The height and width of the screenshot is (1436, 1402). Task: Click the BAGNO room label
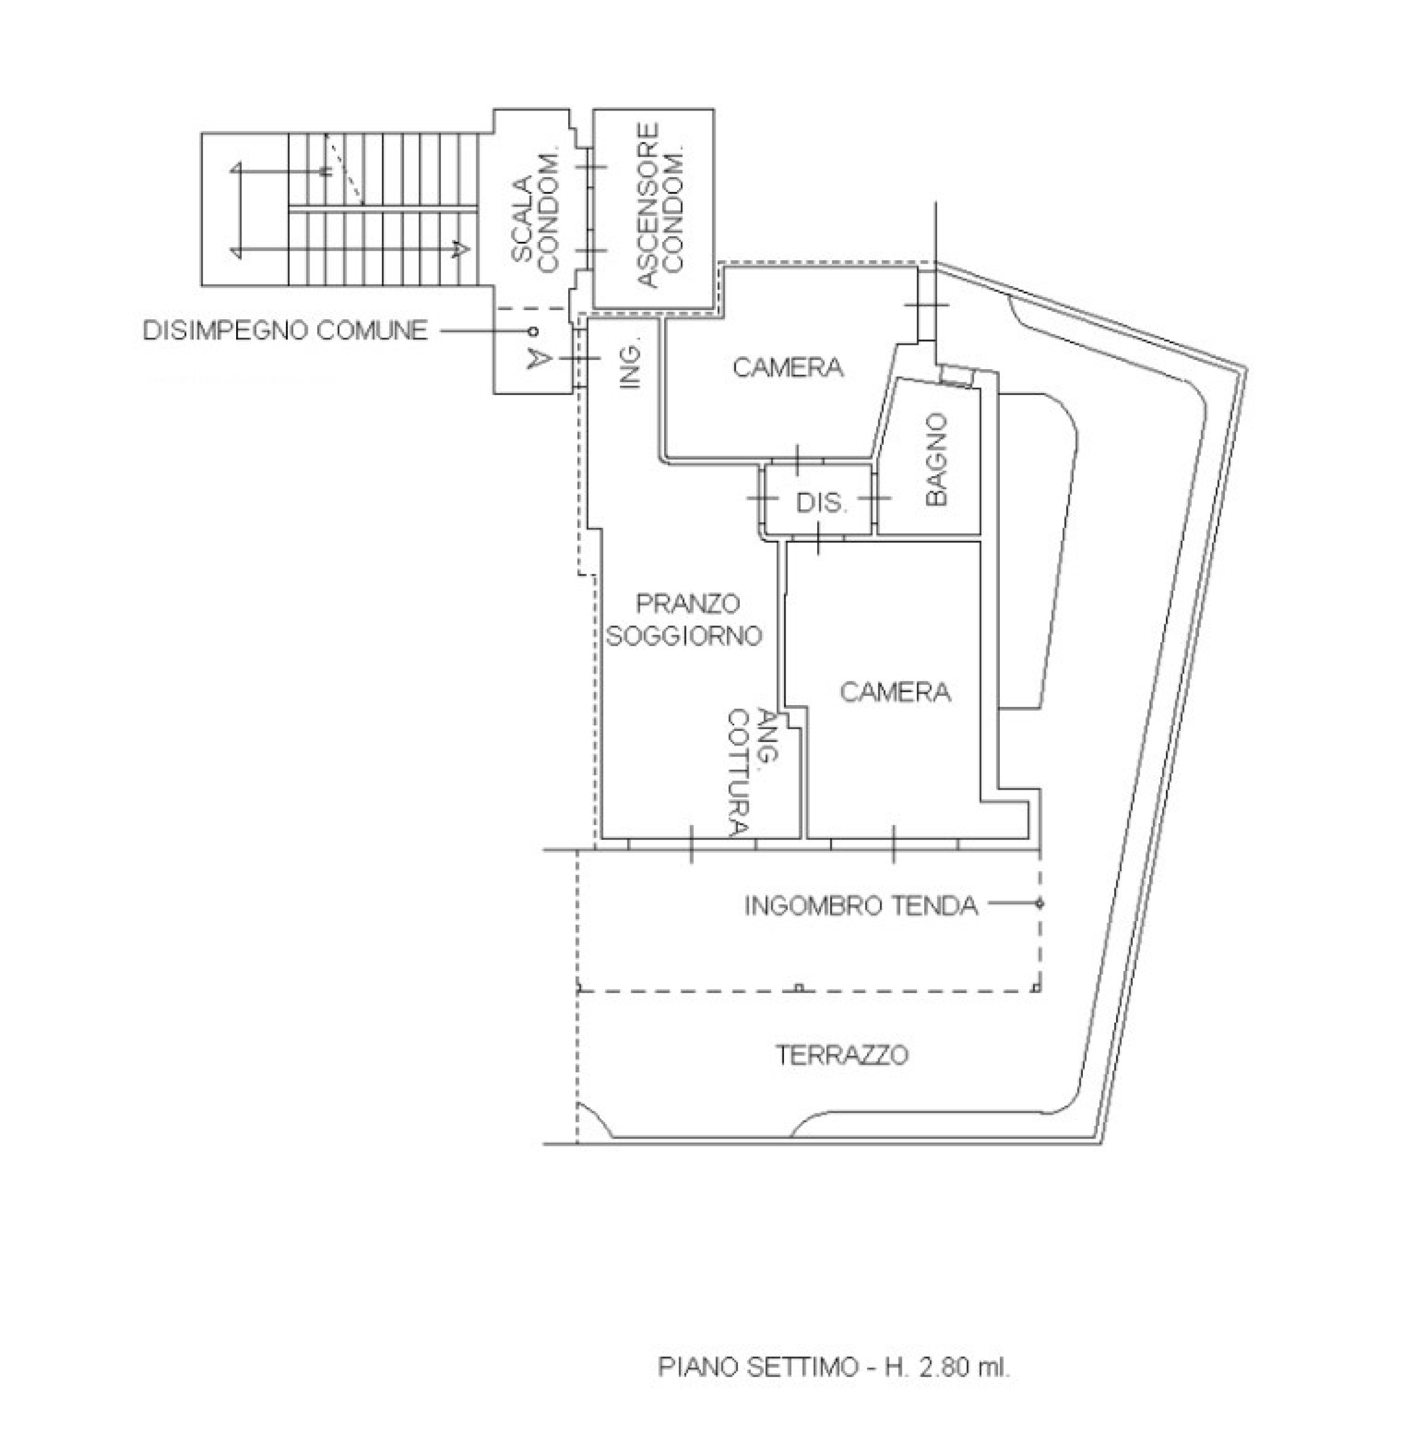pos(937,459)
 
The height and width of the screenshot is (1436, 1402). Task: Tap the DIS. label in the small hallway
pos(821,503)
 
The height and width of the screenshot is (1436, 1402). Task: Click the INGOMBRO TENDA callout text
pos(861,905)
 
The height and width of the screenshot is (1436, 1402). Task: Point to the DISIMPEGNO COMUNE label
pos(285,330)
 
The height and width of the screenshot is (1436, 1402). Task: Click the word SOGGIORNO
pos(683,635)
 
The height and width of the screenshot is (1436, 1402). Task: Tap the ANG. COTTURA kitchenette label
pos(753,773)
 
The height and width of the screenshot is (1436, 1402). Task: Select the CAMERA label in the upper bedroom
pos(788,367)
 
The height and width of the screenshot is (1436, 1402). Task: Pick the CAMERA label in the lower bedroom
pos(894,692)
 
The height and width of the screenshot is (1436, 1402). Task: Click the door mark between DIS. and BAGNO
pos(874,499)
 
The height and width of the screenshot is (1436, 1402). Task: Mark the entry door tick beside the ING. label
pos(579,358)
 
